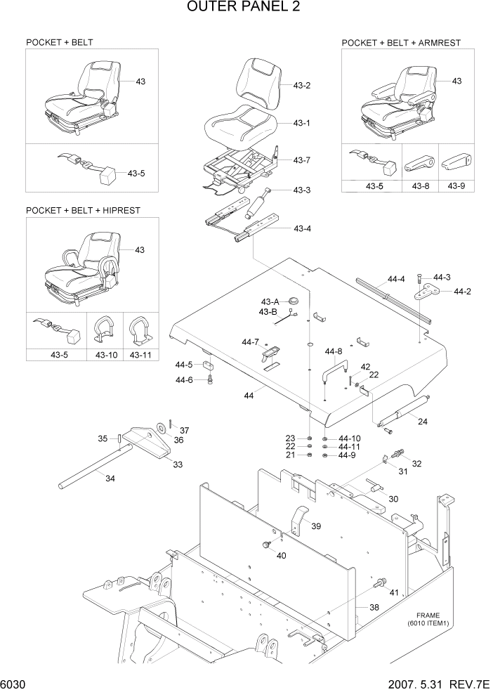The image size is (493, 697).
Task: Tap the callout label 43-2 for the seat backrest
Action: point(302,85)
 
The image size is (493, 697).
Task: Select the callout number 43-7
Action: point(302,160)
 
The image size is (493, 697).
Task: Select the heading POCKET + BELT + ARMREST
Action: point(401,43)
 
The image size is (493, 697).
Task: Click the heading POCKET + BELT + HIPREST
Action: point(83,210)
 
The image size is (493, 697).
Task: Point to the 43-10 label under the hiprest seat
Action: point(106,355)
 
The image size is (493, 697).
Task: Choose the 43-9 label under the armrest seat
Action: point(456,186)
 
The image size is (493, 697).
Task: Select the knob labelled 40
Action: point(266,545)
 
